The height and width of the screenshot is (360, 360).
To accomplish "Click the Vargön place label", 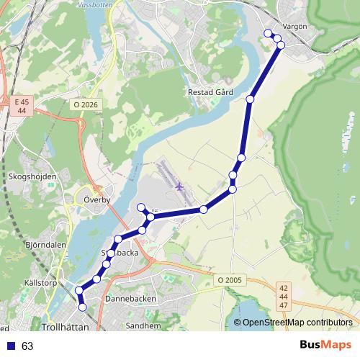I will pyautogui.click(x=295, y=25).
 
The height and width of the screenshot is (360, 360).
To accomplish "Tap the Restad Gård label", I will pyautogui.click(x=210, y=92).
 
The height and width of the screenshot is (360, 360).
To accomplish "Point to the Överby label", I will pyautogui.click(x=96, y=199).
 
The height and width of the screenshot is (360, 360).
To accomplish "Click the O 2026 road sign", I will pyautogui.click(x=85, y=104).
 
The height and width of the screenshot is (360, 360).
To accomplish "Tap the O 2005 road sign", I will pyautogui.click(x=229, y=279).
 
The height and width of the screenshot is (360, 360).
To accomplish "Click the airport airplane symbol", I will pyautogui.click(x=180, y=186).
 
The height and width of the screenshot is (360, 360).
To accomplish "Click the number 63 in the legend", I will pyautogui.click(x=27, y=346).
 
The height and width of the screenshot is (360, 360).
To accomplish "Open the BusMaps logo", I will pyautogui.click(x=325, y=345).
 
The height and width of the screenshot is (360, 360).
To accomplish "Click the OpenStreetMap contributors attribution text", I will pyautogui.click(x=297, y=323).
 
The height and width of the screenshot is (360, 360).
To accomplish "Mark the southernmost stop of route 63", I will pyautogui.click(x=82, y=307).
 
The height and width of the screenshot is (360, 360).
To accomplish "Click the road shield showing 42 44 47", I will pyautogui.click(x=283, y=296).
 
